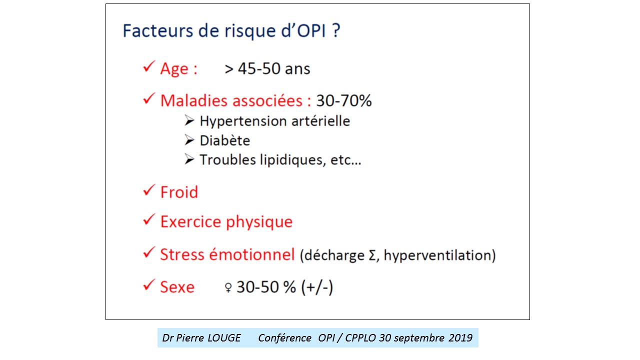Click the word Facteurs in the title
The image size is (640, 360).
158,30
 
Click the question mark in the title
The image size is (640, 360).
336,30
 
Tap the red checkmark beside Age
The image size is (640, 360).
149,66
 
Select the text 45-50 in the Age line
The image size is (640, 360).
259,68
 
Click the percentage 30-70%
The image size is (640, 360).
344,100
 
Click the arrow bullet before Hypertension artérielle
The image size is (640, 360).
189,120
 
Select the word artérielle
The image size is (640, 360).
320,121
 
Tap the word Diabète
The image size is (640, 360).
225,140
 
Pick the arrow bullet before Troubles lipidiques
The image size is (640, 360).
189,159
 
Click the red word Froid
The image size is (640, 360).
179,192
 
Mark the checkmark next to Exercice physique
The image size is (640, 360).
149,219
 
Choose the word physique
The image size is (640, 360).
259,222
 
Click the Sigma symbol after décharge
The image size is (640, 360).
372,255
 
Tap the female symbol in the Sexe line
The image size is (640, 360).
228,287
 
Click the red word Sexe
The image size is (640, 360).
177,287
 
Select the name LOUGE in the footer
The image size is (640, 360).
224,338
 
